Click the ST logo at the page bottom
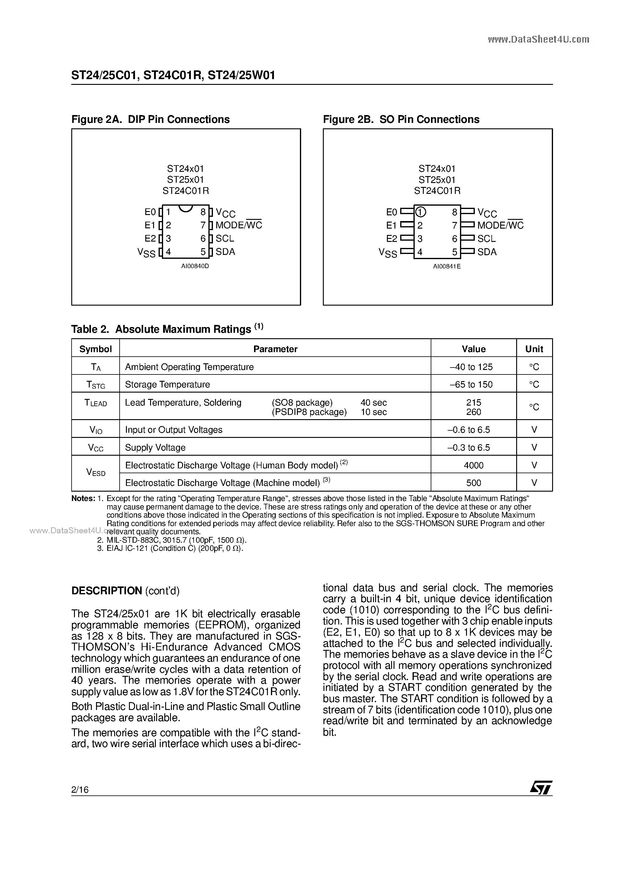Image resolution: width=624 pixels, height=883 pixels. (541, 787)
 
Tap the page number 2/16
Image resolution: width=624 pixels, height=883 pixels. (80, 790)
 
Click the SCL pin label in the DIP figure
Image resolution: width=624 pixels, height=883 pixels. (225, 239)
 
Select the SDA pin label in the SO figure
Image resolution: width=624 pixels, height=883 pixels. (487, 252)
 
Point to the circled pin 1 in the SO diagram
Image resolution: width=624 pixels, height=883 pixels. (420, 212)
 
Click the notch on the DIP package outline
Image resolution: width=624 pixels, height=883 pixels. (186, 208)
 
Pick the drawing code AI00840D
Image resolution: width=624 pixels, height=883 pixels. (195, 266)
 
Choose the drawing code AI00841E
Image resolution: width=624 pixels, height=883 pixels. (447, 266)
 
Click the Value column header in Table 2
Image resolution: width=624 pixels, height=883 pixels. (474, 349)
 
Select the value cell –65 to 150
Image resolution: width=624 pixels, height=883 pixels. (474, 384)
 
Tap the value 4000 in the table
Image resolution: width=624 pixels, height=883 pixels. (474, 465)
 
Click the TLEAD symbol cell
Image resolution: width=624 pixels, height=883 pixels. (95, 403)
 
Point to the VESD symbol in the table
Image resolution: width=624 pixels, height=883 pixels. (96, 473)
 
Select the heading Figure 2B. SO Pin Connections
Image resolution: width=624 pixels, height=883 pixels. (401, 119)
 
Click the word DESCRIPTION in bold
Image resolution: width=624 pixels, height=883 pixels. (107, 591)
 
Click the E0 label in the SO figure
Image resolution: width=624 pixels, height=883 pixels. (391, 212)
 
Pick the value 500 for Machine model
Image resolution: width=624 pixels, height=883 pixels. (474, 483)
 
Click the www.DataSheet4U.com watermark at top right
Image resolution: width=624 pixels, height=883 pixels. (538, 39)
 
